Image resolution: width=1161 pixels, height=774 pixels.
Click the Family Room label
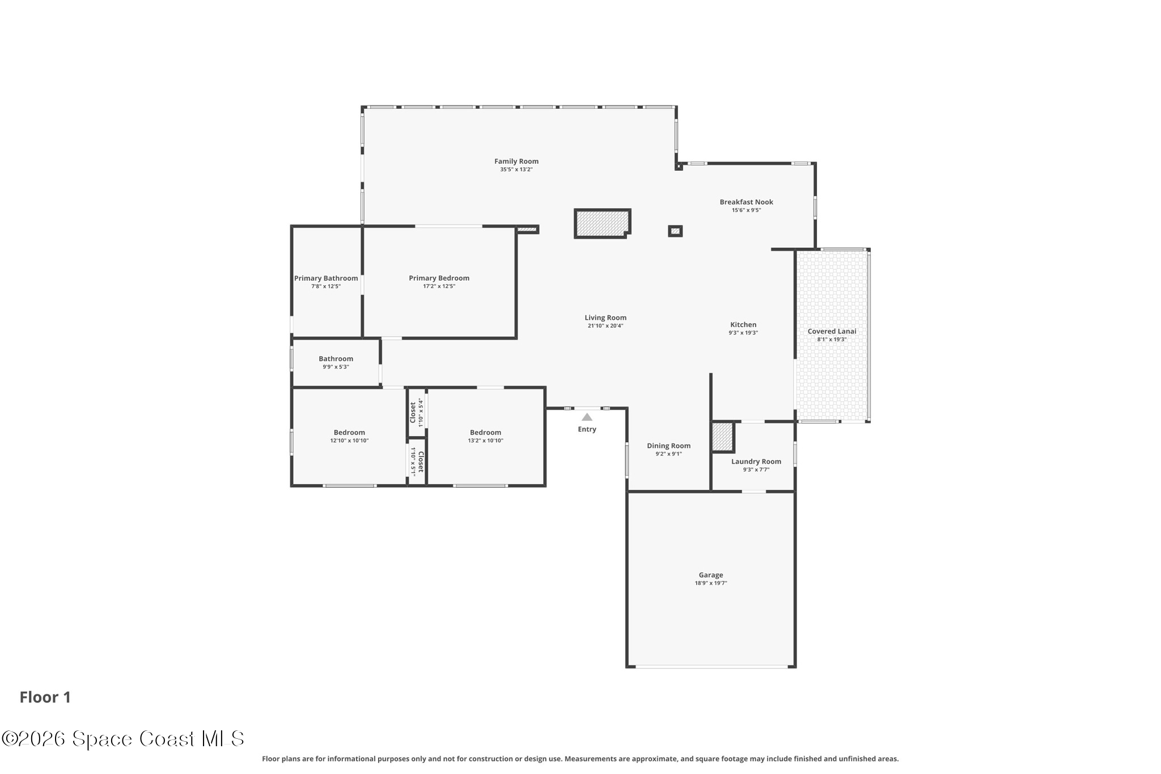(516, 162)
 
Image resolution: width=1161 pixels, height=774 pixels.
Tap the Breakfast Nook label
(746, 202)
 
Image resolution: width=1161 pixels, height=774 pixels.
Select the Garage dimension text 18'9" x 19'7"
(710, 583)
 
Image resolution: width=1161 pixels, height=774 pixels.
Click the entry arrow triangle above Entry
(587, 417)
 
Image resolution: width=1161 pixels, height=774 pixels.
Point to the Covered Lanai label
(832, 331)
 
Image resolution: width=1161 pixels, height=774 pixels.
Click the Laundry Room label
(756, 462)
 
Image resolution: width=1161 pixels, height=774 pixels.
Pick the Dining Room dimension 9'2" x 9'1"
(668, 454)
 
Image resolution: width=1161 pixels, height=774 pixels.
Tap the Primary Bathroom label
(326, 278)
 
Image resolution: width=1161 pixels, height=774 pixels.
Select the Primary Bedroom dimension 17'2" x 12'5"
(439, 286)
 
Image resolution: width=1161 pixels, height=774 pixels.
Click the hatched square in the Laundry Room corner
(722, 437)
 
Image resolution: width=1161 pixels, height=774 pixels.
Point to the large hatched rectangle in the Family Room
(601, 223)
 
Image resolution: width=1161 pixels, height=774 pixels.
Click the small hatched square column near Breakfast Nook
(675, 231)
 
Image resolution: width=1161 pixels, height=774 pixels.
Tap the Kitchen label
(743, 325)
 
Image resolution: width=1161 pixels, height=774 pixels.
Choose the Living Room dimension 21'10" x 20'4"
(605, 326)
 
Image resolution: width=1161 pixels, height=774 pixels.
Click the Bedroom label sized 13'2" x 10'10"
(485, 433)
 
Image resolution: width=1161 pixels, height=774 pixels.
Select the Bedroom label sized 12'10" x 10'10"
(349, 433)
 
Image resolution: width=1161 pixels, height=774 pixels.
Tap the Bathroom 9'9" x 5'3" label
(336, 359)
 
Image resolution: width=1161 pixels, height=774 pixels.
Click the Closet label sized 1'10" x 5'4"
(413, 412)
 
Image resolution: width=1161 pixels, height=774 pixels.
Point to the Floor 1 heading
(45, 697)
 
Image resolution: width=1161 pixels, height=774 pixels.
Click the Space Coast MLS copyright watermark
(123, 738)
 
